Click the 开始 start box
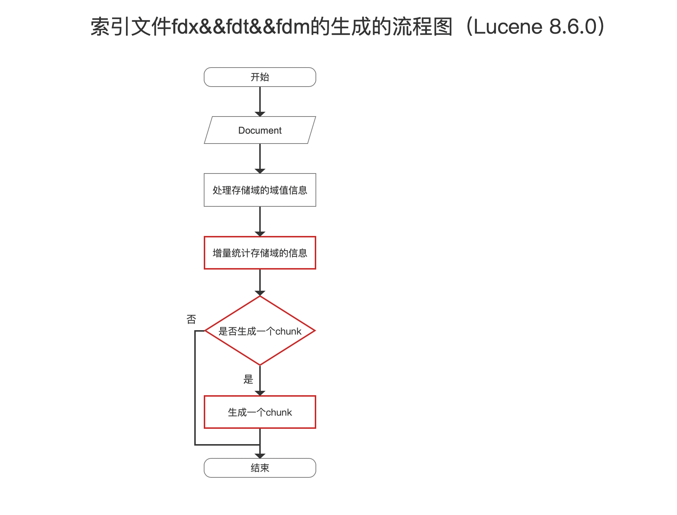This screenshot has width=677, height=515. coord(260,77)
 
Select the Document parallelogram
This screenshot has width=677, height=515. coord(260,130)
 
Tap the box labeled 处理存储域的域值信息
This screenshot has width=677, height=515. coord(260,190)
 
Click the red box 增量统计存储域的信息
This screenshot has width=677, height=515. coord(260,253)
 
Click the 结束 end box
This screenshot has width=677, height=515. coord(260,468)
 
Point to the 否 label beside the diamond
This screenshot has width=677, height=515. coord(191,319)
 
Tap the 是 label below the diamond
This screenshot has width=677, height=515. coord(248,379)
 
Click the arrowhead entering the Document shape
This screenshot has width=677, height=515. coord(260,114)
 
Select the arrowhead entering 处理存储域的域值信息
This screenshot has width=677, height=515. coord(260,171)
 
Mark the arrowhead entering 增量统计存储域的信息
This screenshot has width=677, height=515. coord(260,234)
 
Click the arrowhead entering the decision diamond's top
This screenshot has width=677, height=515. coord(260,293)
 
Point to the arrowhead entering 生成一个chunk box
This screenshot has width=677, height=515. coord(260,393)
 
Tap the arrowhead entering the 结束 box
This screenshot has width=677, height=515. coord(260,456)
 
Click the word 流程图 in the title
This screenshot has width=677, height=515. coord(422,27)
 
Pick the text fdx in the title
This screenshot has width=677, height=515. coord(184,27)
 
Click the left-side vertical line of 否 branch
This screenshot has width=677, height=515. coord(195,388)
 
